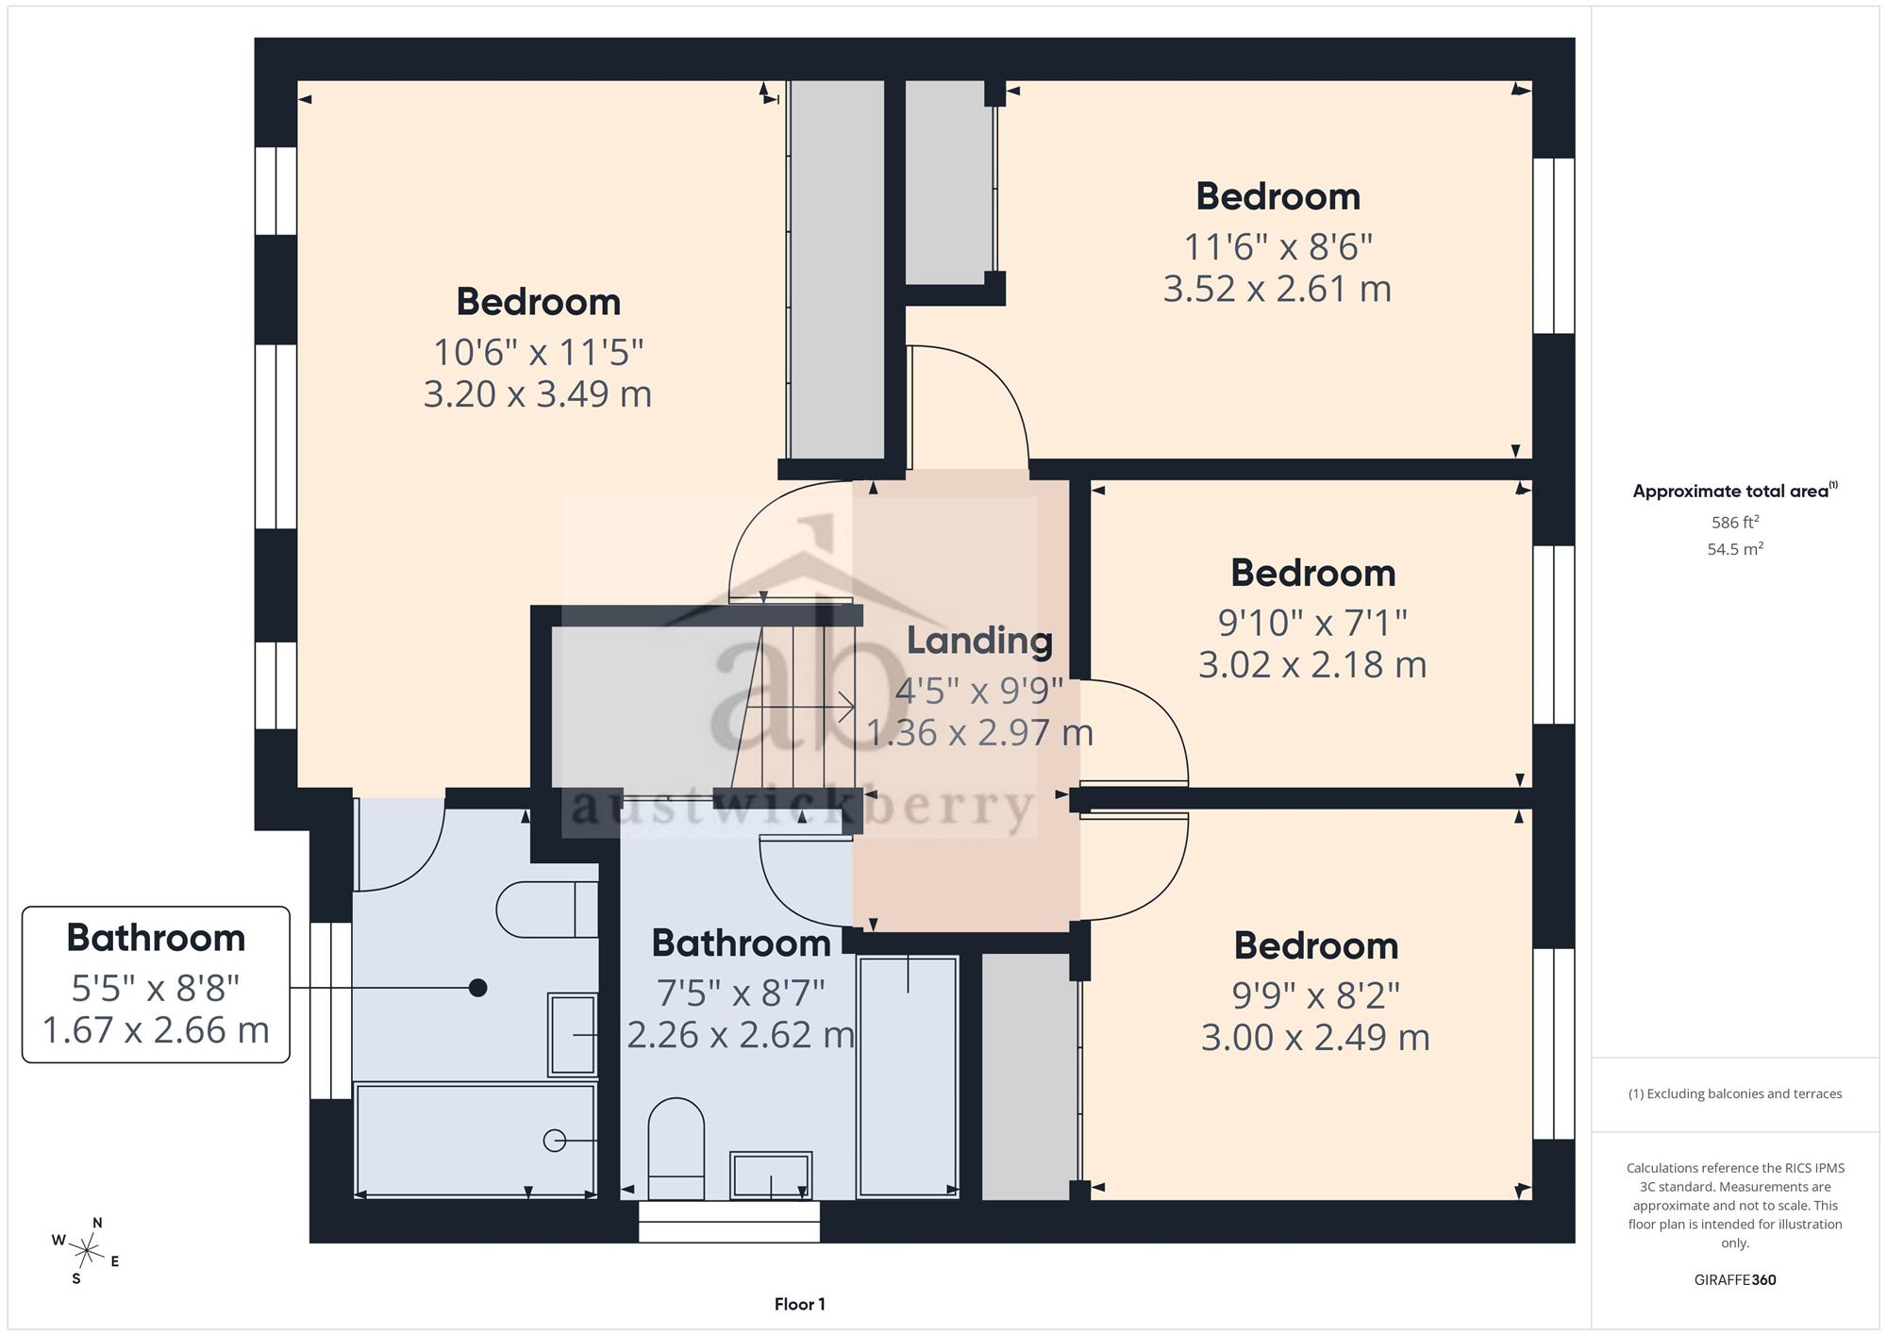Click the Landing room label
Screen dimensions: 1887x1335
pyautogui.click(x=979, y=642)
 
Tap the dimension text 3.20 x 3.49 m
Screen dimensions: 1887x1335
pyautogui.click(x=538, y=393)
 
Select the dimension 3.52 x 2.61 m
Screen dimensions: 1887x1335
pyautogui.click(x=1277, y=289)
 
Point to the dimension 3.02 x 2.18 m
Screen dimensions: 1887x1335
pyautogui.click(x=1312, y=665)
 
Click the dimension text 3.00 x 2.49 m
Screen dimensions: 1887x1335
pyautogui.click(x=1315, y=1038)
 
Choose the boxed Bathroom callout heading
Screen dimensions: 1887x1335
pyautogui.click(x=156, y=938)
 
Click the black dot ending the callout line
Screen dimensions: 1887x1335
pyautogui.click(x=478, y=988)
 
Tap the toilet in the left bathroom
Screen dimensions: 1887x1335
pyautogui.click(x=547, y=909)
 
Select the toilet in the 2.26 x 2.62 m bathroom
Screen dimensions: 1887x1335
pyautogui.click(x=676, y=1148)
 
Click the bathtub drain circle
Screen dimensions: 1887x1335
pyautogui.click(x=555, y=1141)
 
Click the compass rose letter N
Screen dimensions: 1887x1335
pyautogui.click(x=97, y=1223)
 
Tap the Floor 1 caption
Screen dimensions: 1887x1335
pyautogui.click(x=799, y=1304)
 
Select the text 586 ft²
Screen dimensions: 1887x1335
pyautogui.click(x=1735, y=522)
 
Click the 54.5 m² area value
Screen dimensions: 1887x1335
pyautogui.click(x=1735, y=548)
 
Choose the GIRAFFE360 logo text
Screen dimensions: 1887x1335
pyautogui.click(x=1735, y=1279)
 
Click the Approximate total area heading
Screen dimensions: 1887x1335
pyautogui.click(x=1735, y=491)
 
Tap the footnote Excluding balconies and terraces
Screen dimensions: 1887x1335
pyautogui.click(x=1735, y=1093)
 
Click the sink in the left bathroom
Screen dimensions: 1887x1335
pyautogui.click(x=573, y=1034)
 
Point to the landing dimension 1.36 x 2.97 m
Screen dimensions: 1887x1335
pyautogui.click(x=979, y=733)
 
